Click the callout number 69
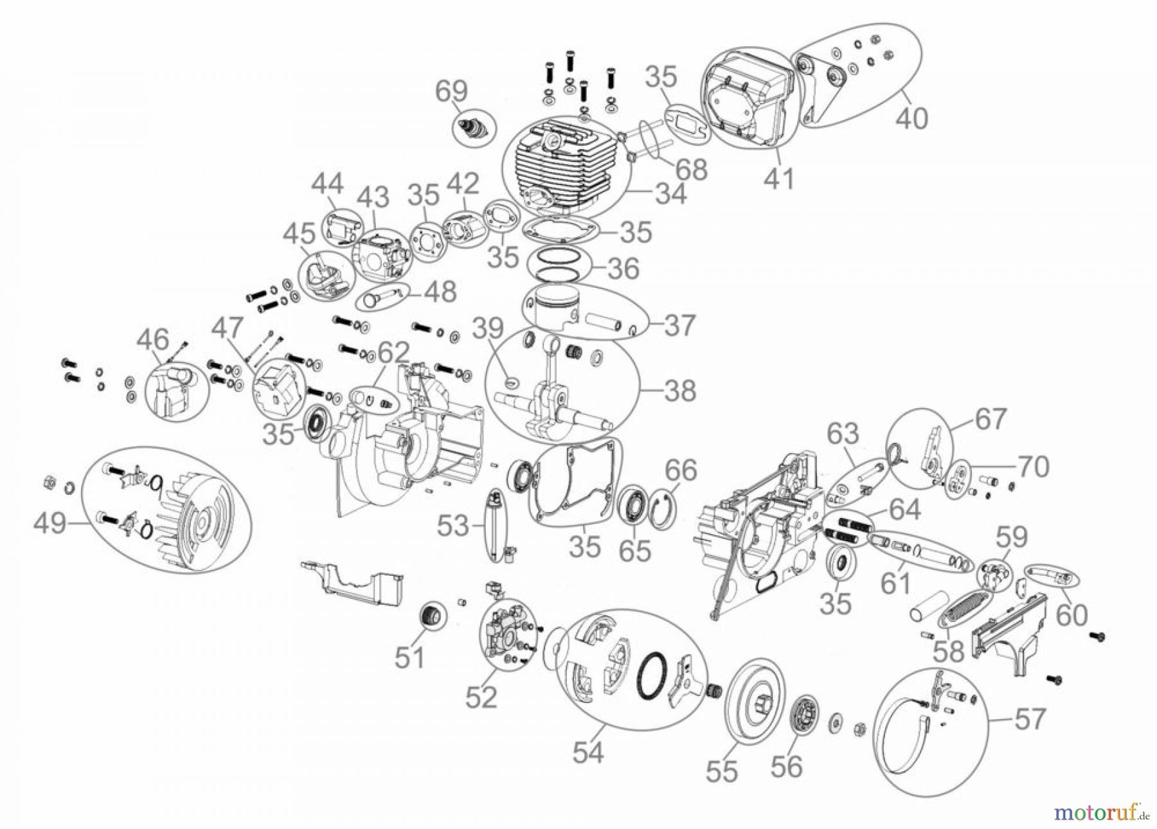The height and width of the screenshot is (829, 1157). pos(451,91)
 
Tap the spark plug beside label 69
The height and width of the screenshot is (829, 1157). pos(474,126)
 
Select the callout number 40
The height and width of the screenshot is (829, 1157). pos(911,118)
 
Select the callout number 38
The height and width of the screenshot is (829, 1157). pos(680,390)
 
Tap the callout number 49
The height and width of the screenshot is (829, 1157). pos(50,522)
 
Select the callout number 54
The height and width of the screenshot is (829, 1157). pos(588,752)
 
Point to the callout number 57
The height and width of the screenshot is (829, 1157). pos(1029,718)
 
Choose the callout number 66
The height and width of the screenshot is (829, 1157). pos(681,470)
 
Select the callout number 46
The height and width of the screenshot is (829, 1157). pos(153,339)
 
